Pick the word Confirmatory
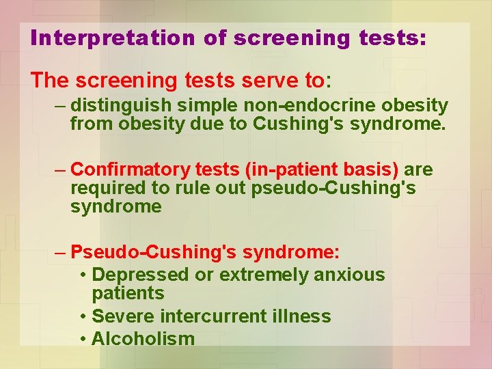(130, 169)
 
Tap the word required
(102, 188)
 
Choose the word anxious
(349, 275)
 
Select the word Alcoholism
(143, 339)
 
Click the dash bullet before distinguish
(61, 106)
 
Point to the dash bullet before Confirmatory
(61, 169)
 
